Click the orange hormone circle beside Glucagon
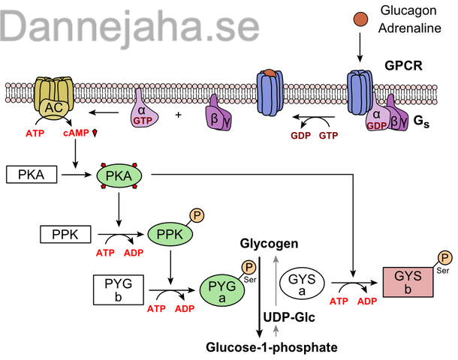point(360,17)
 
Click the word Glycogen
point(270,244)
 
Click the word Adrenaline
point(408,31)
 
